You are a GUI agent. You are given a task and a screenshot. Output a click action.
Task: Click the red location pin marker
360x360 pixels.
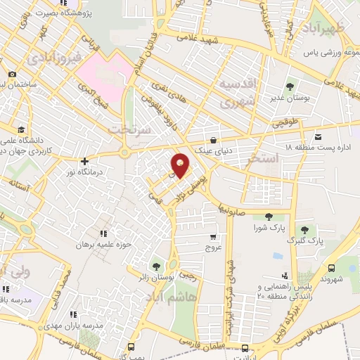(181, 166)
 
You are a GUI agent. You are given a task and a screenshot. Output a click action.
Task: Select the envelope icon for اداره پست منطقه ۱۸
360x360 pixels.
(319, 136)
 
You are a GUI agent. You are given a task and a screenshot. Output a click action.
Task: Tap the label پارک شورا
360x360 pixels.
(268, 228)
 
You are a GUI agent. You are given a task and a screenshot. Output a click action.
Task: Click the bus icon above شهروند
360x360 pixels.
(331, 267)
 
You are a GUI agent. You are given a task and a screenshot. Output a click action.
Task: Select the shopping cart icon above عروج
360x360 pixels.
(212, 237)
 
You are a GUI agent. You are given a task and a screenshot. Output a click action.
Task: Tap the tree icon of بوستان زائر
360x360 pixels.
(155, 266)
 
